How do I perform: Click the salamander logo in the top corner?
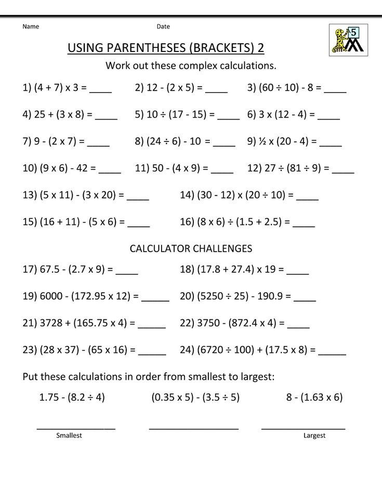348,40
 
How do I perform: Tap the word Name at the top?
31,27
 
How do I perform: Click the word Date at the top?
163,27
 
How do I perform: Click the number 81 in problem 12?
292,168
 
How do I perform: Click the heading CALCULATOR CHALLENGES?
191,249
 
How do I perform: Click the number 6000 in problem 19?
50,296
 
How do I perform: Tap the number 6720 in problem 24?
210,350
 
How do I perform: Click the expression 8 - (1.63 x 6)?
314,397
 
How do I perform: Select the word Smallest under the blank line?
69,435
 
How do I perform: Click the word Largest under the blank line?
314,435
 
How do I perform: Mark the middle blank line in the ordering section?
193,428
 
